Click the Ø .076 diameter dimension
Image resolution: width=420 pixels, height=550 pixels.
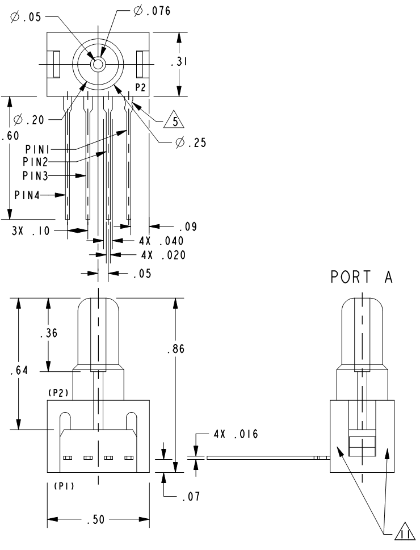click(152, 11)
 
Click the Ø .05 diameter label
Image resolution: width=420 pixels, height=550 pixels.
click(26, 16)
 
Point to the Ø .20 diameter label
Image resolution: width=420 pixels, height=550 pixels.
click(26, 120)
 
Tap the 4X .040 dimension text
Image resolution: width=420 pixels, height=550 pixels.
click(162, 241)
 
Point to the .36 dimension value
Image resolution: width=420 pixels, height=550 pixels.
click(49, 334)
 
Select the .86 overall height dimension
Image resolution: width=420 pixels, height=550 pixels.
click(177, 350)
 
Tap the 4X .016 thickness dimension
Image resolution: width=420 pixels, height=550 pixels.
click(236, 435)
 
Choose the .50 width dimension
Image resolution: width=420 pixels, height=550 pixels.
click(99, 520)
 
